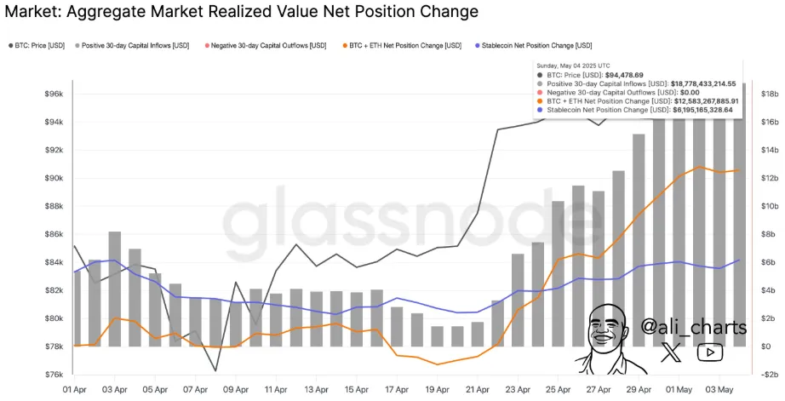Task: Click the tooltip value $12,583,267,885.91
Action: pyautogui.click(x=695, y=101)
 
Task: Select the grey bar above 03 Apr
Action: pyautogui.click(x=114, y=289)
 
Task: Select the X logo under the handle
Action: pyautogui.click(x=673, y=352)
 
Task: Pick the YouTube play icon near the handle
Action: pyautogui.click(x=708, y=352)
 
